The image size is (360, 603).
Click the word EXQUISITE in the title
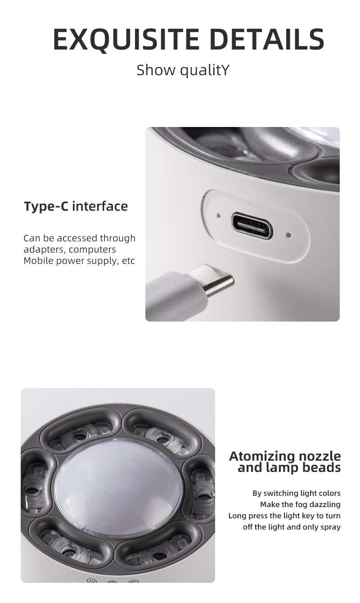pos(126,39)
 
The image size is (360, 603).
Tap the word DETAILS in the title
pos(267,39)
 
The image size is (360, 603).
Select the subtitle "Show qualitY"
pos(183,70)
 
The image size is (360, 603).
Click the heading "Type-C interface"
pos(76,206)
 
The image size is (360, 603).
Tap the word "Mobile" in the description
pos(39,261)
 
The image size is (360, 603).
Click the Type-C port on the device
pos(252,226)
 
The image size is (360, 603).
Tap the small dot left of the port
pos(219,215)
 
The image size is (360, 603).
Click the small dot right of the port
pos(289,235)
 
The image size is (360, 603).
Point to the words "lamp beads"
pos(303,467)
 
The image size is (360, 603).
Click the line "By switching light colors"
pos(297,493)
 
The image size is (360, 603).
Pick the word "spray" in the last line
pos(331,527)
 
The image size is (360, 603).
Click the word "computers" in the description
pos(92,250)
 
